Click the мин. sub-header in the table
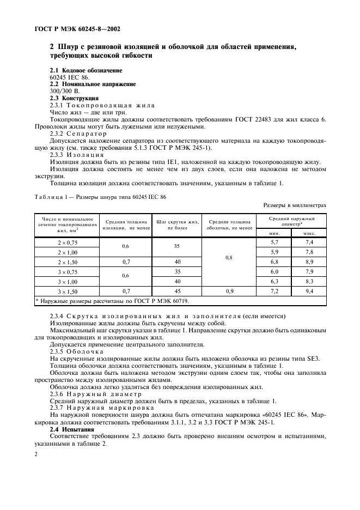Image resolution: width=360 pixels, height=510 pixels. (x=275, y=232)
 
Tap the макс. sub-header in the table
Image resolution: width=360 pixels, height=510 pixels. (x=310, y=232)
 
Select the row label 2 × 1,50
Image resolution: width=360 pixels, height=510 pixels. (x=67, y=262)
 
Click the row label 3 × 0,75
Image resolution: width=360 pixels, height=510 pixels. (x=67, y=271)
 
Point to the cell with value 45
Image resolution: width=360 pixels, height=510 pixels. (x=177, y=292)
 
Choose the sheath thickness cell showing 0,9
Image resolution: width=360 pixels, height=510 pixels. (x=228, y=292)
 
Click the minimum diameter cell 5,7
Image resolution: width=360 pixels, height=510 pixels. (x=275, y=241)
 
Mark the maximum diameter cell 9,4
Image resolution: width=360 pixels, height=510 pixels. (x=310, y=292)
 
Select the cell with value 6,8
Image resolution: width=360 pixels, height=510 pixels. (x=275, y=262)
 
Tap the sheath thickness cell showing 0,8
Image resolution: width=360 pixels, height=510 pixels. (x=228, y=257)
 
